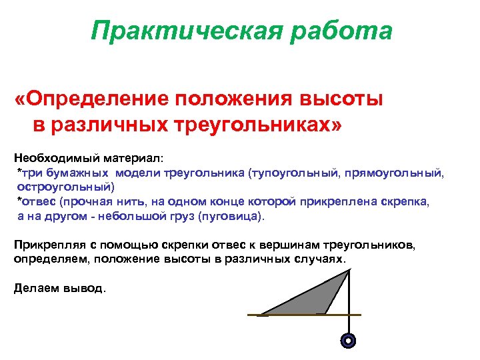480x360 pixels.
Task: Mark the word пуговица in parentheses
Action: [x=237, y=217]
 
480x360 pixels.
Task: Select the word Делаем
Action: [x=35, y=288]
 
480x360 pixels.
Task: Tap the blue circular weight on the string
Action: [x=347, y=341]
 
